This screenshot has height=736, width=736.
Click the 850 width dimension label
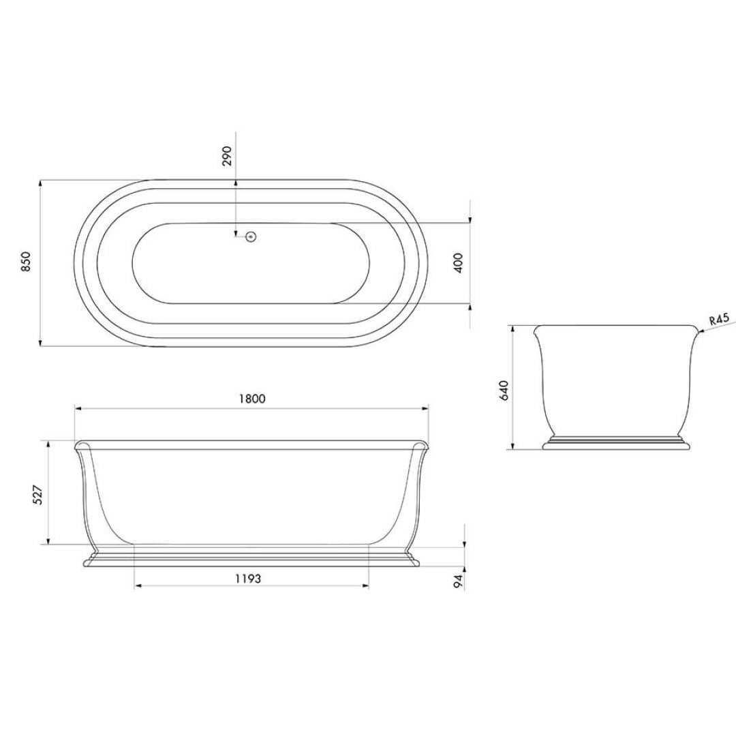point(26,262)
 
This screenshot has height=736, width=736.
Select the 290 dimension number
point(228,155)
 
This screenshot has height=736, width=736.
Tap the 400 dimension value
point(458,262)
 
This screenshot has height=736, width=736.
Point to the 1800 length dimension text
point(251,399)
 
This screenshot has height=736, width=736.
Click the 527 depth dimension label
point(38,493)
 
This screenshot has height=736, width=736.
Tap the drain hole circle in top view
point(251,237)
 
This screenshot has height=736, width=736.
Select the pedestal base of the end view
point(617,443)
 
